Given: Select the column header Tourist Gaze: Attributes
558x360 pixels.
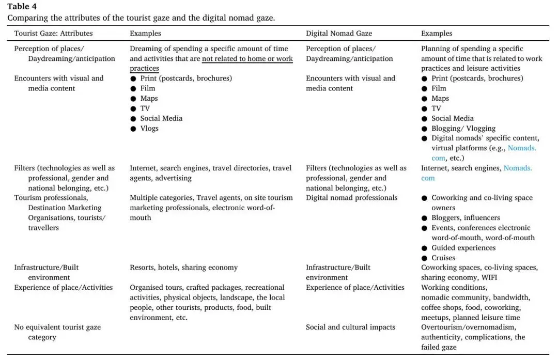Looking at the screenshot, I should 53,34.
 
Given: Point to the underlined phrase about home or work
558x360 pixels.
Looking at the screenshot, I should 247,59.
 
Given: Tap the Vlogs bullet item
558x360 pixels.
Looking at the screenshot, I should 149,128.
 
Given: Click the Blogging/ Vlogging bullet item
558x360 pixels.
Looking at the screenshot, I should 463,128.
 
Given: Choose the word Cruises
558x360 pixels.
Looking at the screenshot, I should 443,258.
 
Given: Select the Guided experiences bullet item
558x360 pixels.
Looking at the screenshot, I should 463,248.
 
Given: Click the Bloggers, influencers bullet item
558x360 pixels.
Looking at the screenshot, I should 458,218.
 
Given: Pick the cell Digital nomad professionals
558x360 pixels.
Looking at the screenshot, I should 351,198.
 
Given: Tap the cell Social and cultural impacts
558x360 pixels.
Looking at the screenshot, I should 350,327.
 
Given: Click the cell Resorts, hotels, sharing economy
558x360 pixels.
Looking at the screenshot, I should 183,268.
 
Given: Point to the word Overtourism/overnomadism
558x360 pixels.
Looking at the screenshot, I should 468,327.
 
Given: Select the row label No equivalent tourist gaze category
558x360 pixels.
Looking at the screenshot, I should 57,332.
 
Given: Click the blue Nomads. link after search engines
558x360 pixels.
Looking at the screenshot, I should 518,168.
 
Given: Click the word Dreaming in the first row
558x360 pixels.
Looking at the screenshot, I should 146,49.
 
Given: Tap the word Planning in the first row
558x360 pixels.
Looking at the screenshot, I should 436,49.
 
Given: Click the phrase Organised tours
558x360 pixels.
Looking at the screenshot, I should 156,288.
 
